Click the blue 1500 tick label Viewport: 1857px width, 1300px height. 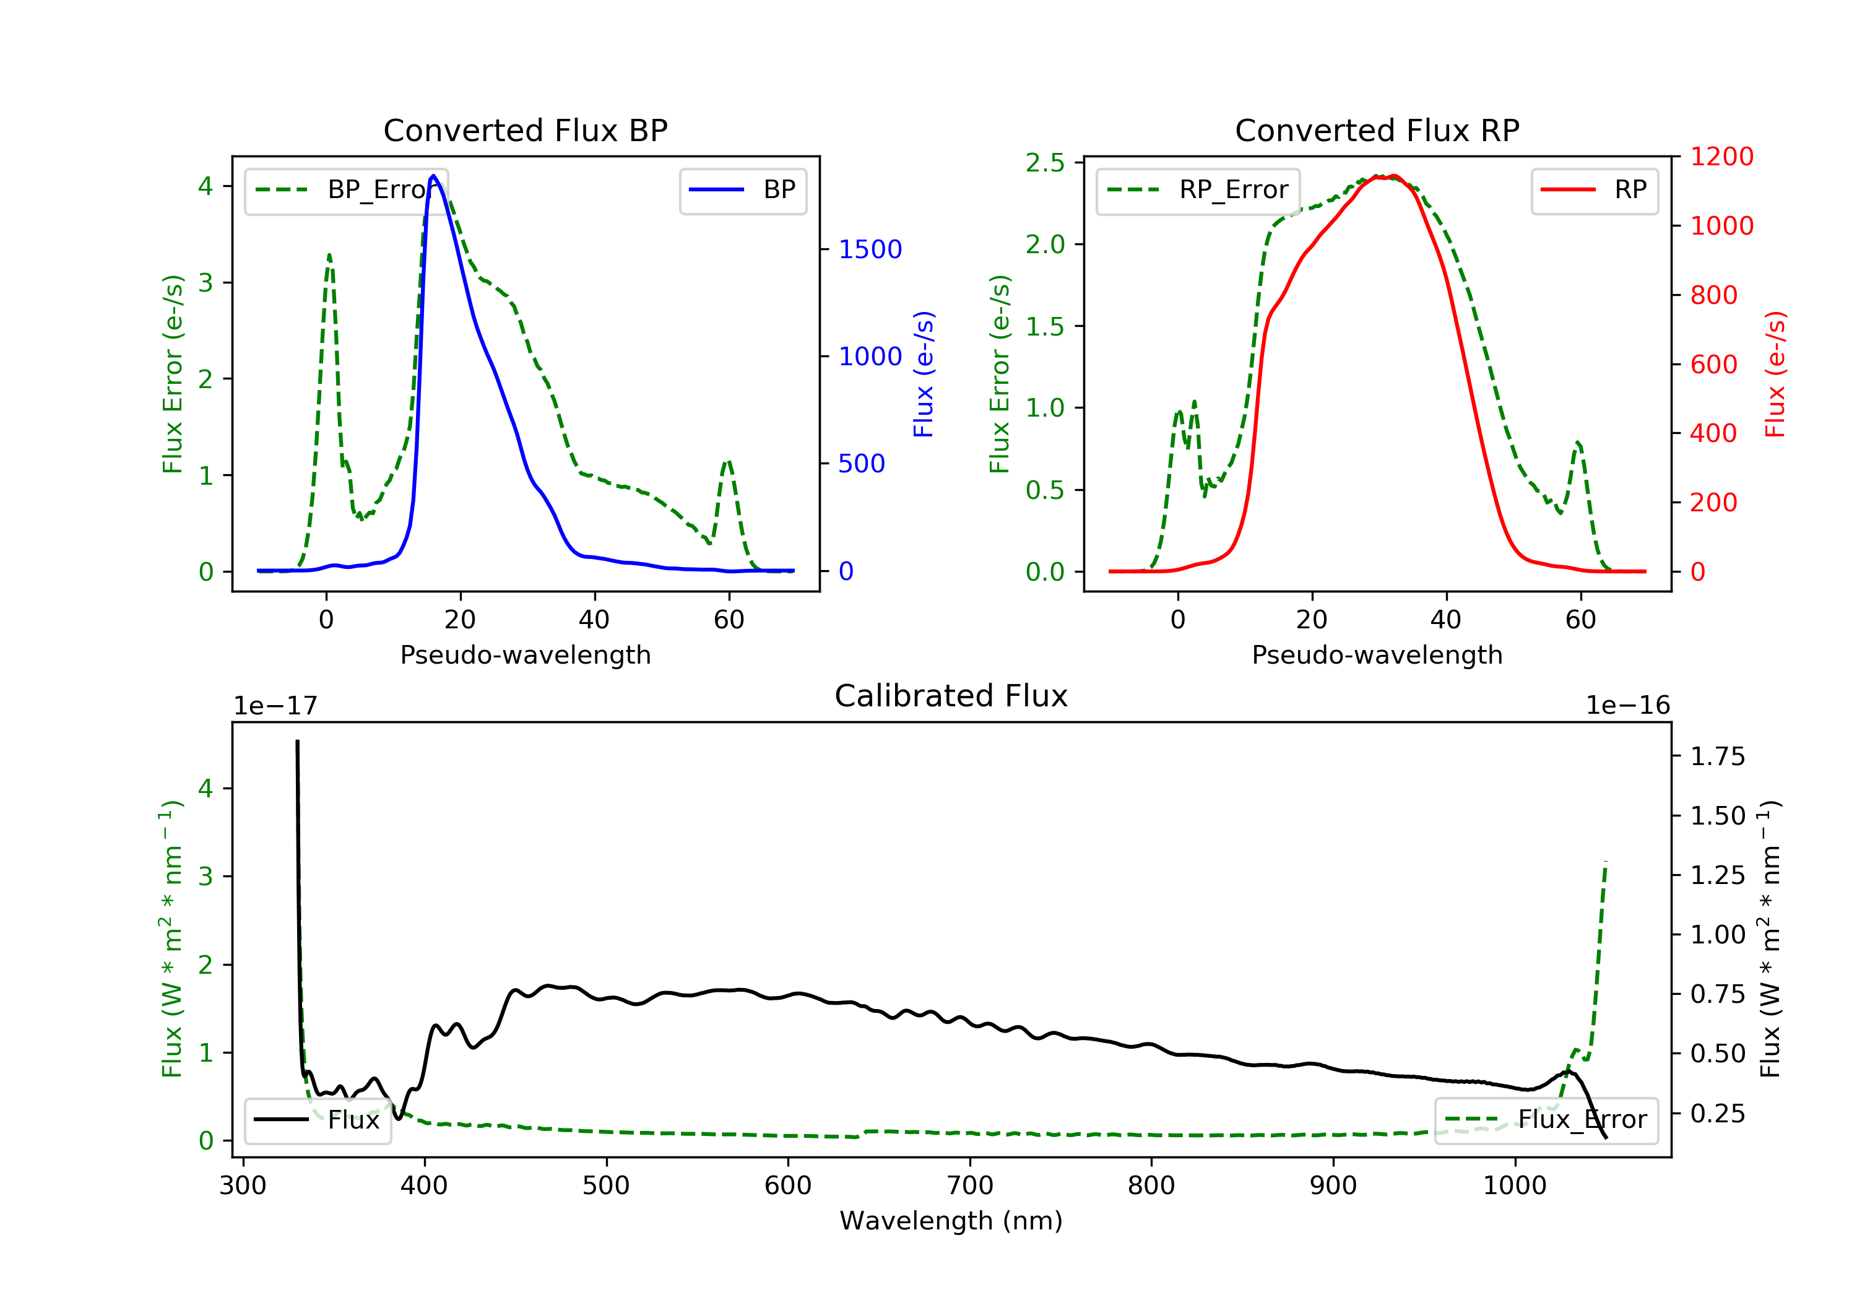click(x=870, y=249)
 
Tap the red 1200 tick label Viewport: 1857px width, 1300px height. click(x=1721, y=157)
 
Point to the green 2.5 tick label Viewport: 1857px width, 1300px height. click(x=1045, y=163)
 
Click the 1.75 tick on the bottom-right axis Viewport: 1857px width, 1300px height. click(x=1717, y=757)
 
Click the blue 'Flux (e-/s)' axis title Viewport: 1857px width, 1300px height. click(x=924, y=374)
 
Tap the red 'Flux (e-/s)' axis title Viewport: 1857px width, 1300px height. click(x=1775, y=374)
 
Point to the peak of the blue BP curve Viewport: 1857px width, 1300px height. click(x=433, y=176)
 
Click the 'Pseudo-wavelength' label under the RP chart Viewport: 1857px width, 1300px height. click(x=1377, y=655)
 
